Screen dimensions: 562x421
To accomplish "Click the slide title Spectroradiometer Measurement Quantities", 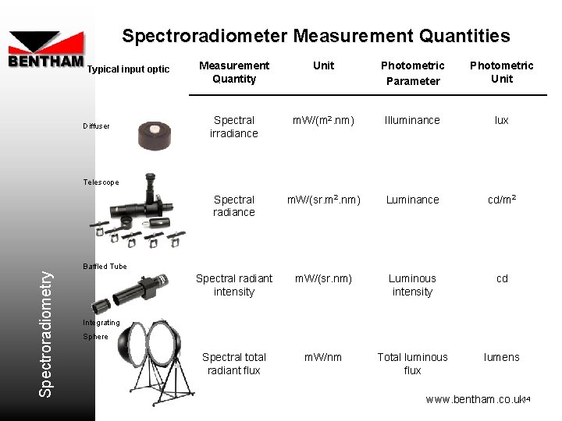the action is (315, 36).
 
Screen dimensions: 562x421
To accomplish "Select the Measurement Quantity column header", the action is (234, 73).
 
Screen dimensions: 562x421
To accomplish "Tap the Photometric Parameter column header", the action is (412, 73).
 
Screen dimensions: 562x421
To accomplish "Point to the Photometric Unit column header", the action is (501, 73).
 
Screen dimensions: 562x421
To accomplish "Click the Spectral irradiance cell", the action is (234, 127).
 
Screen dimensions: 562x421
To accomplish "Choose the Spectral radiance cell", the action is (234, 206).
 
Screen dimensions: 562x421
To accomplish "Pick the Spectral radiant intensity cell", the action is (234, 285).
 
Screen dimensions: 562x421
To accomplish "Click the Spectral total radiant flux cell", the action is (234, 364).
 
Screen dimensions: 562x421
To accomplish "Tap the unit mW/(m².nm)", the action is (323, 120).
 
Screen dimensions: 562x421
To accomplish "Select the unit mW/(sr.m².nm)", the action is (323, 200).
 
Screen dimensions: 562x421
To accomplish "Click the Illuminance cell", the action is (412, 120).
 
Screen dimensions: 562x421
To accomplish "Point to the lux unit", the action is (501, 120).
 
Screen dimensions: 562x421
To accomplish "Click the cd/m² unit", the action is (501, 200).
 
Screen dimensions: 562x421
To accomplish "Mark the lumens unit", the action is (501, 357).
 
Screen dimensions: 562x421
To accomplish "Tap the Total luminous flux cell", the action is (412, 364).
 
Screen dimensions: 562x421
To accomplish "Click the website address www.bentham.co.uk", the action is (474, 399).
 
